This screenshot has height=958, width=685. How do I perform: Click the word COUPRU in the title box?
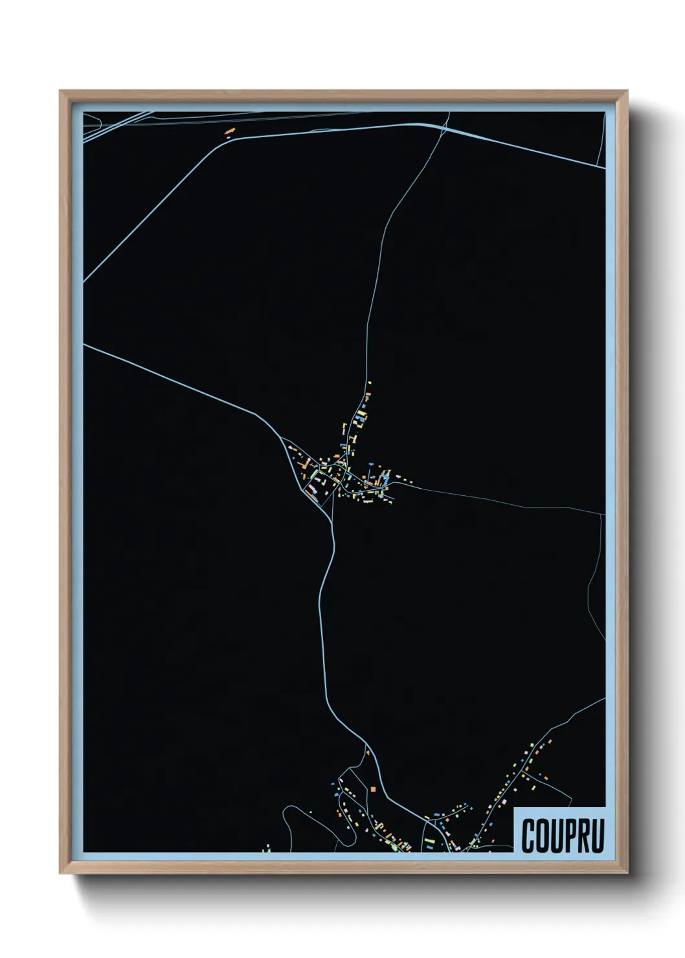click(x=562, y=836)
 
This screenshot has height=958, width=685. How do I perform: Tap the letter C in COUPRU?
click(x=528, y=836)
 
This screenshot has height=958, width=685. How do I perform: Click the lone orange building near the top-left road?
click(x=229, y=131)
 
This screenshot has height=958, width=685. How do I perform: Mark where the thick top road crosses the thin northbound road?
click(x=446, y=126)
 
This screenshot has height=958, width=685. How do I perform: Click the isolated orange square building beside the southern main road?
click(x=374, y=788)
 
